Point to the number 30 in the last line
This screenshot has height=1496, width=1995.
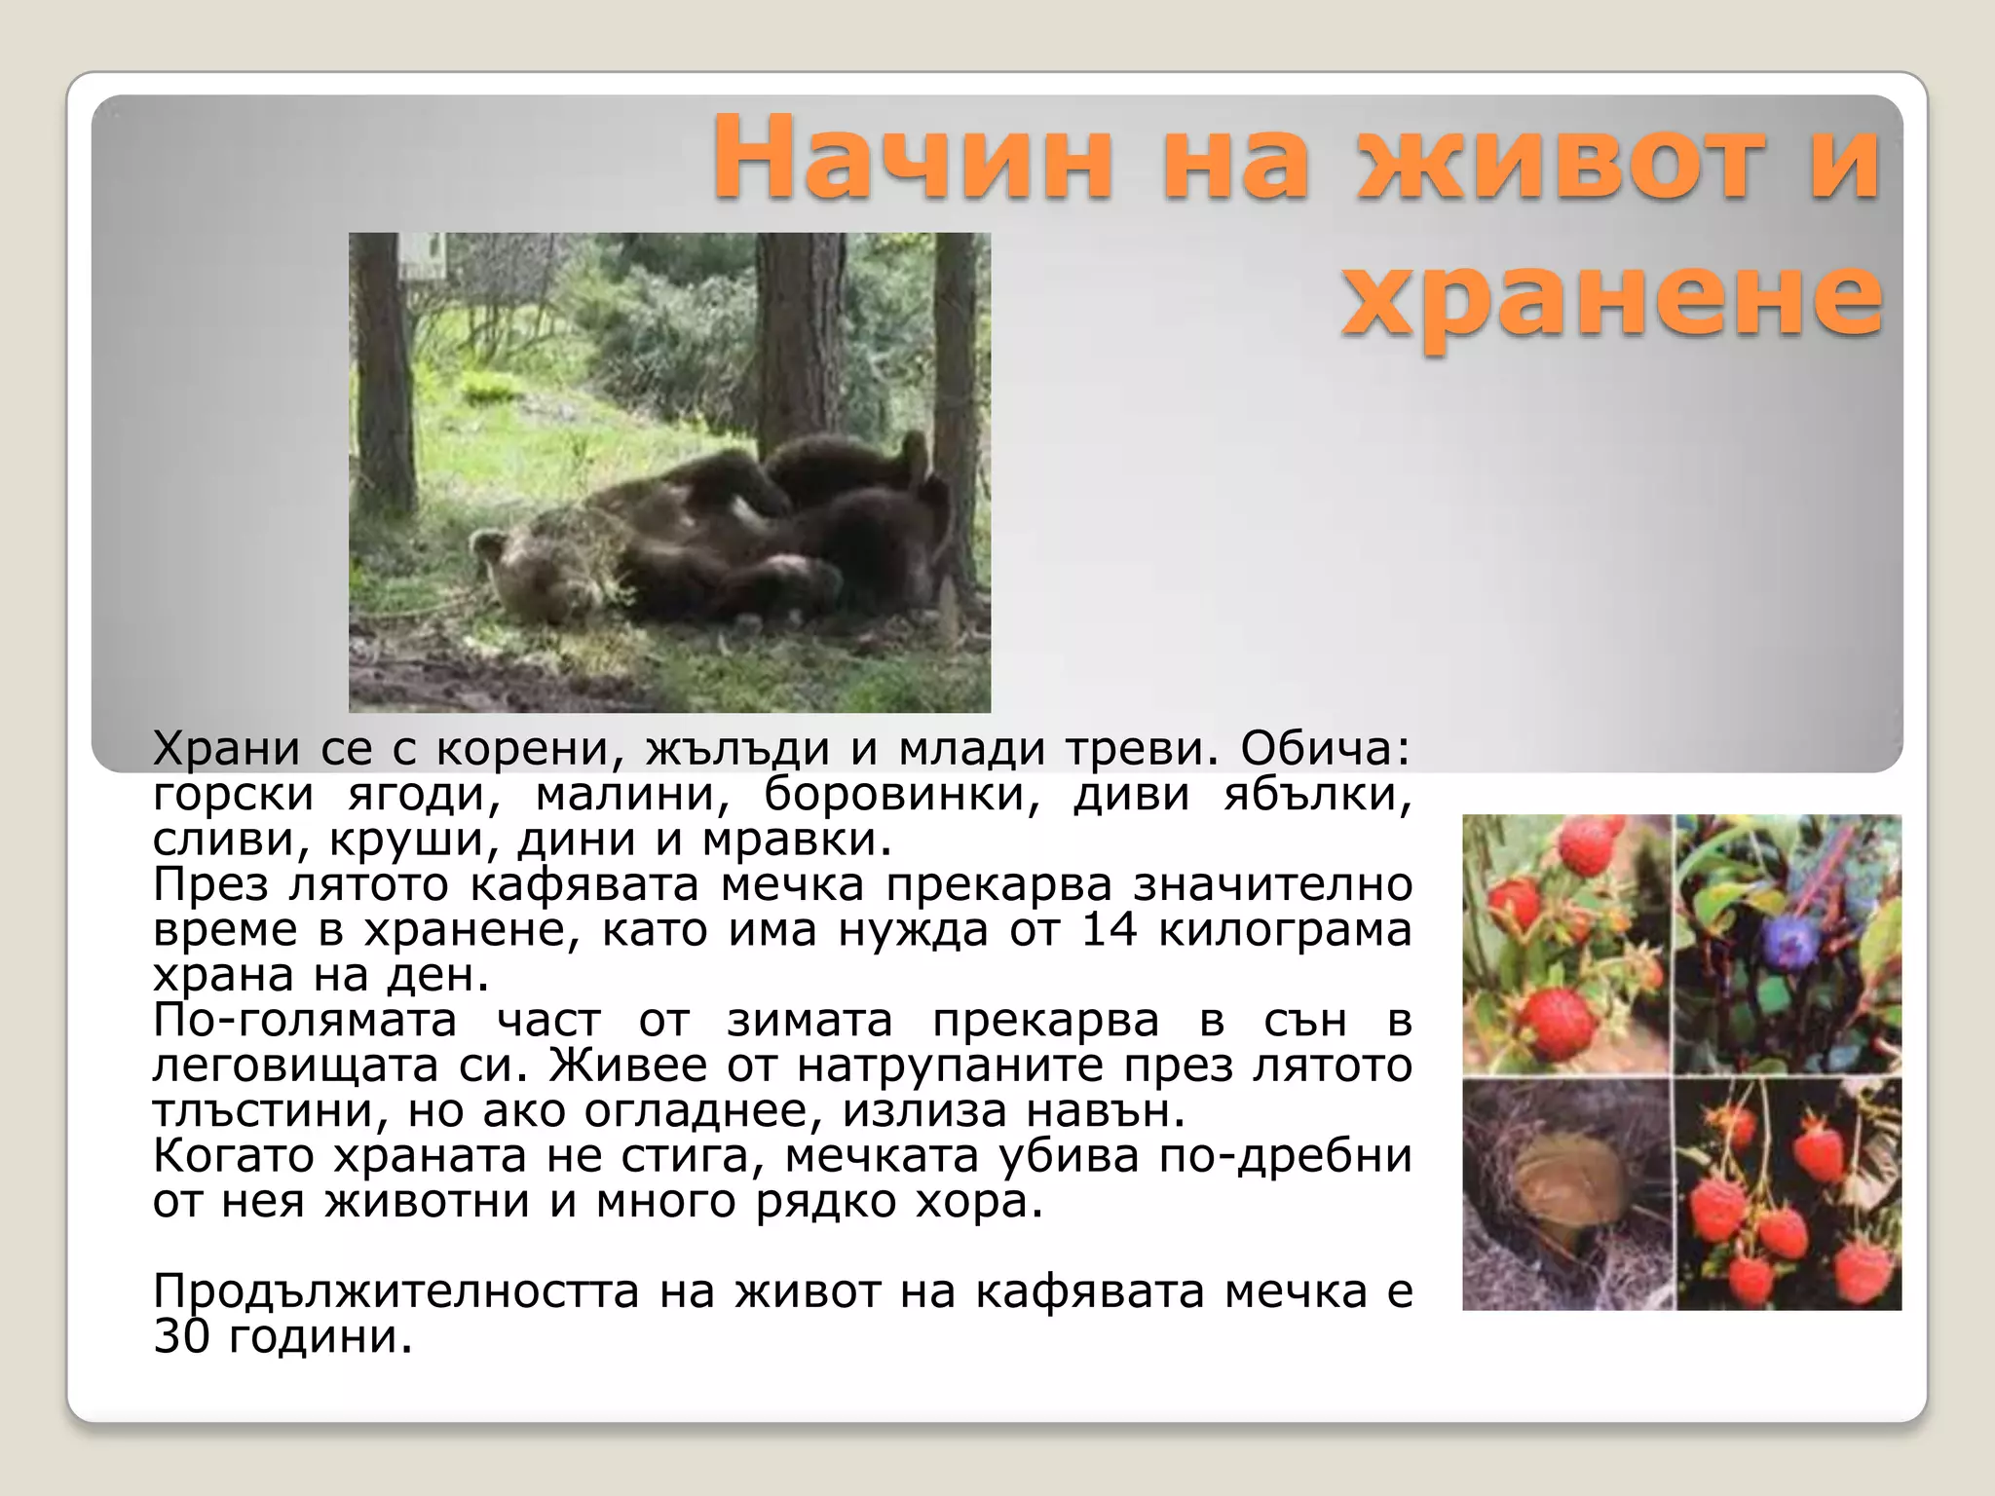click(181, 1337)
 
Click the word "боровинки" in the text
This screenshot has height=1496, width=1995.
click(901, 795)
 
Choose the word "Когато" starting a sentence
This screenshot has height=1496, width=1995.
click(233, 1156)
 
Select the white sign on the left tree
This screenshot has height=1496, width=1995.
click(425, 255)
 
